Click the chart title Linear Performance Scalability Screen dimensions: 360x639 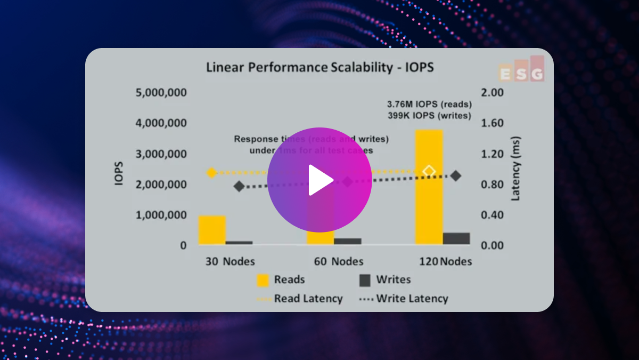pyautogui.click(x=320, y=68)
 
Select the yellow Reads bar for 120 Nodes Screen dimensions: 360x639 pyautogui.click(x=429, y=187)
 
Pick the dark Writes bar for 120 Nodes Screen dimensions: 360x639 pyautogui.click(x=456, y=238)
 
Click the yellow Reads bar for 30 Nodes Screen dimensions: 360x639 pyautogui.click(x=212, y=230)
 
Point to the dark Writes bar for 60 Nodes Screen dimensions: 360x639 pyautogui.click(x=348, y=241)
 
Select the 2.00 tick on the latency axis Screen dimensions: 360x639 pyautogui.click(x=493, y=92)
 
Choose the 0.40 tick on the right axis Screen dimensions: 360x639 pyautogui.click(x=493, y=215)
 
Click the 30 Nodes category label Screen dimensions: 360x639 pyautogui.click(x=231, y=261)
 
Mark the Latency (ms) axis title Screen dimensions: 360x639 pyautogui.click(x=515, y=169)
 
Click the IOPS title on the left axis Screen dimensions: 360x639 pyautogui.click(x=120, y=173)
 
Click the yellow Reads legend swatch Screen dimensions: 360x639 pyautogui.click(x=263, y=280)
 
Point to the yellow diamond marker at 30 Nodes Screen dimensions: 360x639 pyautogui.click(x=211, y=172)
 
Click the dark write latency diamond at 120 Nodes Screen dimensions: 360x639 pyautogui.click(x=456, y=176)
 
